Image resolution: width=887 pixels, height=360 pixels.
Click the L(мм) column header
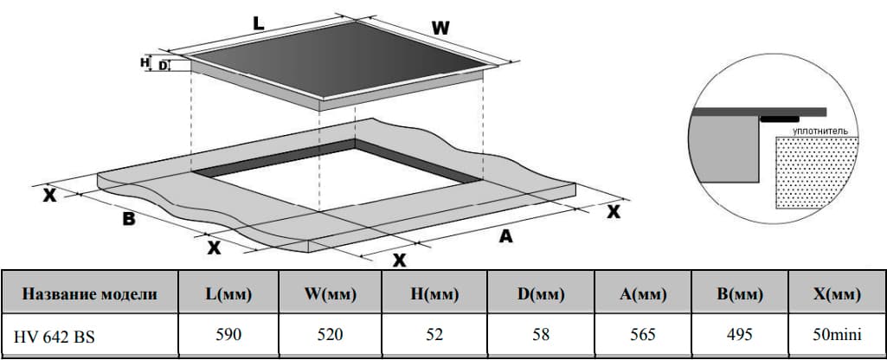(x=228, y=294)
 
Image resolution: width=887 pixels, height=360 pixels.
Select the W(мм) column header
(x=331, y=294)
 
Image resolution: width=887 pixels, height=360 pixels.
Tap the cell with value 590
(x=228, y=335)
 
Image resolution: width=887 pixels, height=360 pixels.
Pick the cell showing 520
(x=331, y=335)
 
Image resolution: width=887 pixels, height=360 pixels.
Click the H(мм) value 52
(x=434, y=335)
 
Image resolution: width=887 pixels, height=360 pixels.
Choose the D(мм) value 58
(x=541, y=335)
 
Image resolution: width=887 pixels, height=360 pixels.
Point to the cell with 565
(x=643, y=335)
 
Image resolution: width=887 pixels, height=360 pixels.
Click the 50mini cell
(x=836, y=335)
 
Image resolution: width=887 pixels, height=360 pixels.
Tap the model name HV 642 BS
(x=55, y=337)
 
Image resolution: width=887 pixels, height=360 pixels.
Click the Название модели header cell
(x=90, y=294)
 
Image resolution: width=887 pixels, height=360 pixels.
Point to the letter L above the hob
(x=258, y=23)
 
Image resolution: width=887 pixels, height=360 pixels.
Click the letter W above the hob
(x=440, y=28)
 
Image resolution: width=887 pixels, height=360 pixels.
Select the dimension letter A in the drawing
(x=505, y=236)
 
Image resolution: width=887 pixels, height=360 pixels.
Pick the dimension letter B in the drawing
(x=130, y=219)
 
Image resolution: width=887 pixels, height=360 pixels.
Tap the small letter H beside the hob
(x=145, y=61)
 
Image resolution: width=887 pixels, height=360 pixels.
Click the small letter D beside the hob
(x=163, y=67)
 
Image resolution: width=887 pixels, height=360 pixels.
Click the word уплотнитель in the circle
(x=820, y=131)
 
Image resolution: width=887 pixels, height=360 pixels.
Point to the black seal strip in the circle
(x=780, y=119)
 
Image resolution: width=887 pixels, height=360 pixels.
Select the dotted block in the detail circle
(x=817, y=172)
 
